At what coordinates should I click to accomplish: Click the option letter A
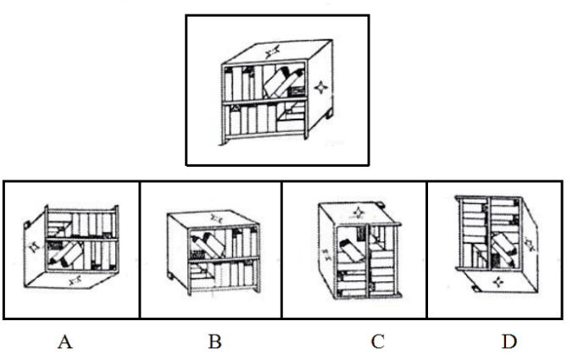coord(64,341)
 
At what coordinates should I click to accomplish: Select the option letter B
coord(215,341)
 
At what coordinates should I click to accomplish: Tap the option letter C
coord(378,341)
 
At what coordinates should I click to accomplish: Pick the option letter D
coord(509,341)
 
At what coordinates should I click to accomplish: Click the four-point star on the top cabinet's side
coord(320,88)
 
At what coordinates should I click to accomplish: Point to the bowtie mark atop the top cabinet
coord(272,52)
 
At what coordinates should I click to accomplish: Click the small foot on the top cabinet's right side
coord(329,114)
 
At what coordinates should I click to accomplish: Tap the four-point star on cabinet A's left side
coord(34,246)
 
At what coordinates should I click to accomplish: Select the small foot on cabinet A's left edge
coord(27,224)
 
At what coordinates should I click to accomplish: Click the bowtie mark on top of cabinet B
coord(216,219)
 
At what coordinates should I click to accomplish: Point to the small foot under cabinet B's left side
coord(170,276)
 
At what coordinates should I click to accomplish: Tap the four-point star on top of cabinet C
coord(359,213)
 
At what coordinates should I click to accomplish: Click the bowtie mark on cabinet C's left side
coord(326,254)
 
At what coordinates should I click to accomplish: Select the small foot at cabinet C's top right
coord(381,204)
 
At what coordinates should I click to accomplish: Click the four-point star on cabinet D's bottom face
coord(498,281)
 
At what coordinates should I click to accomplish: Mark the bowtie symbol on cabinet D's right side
coord(529,244)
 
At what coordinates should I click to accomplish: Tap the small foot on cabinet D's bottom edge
coord(476,289)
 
